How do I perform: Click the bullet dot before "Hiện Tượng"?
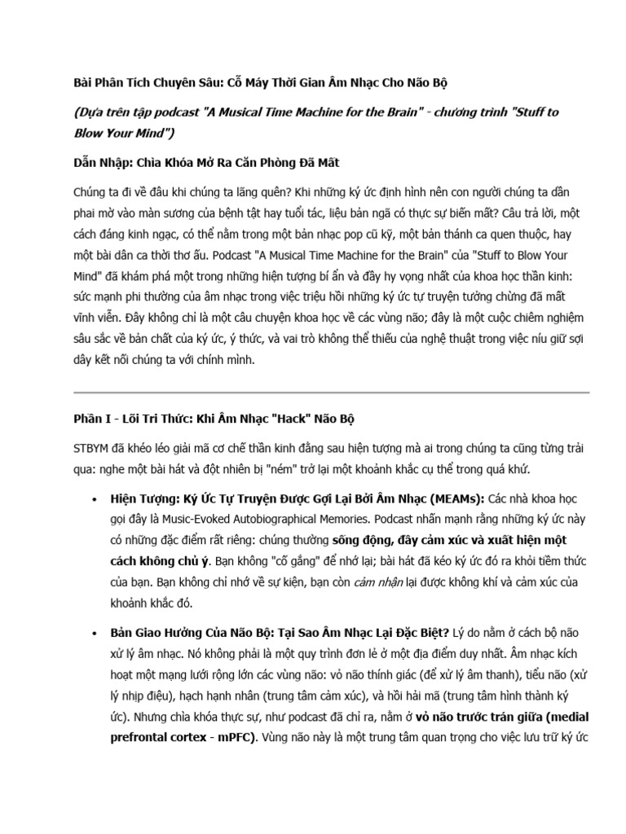(95, 498)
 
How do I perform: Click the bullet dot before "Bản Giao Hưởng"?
(95, 633)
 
